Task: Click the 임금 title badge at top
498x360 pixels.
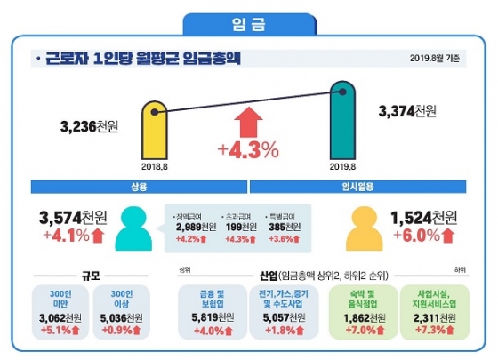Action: [x=249, y=19]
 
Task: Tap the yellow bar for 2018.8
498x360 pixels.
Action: [x=156, y=132]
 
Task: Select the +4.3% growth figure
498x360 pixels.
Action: [x=249, y=149]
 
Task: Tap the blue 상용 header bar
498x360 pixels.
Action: [x=138, y=188]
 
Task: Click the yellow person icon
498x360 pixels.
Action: [x=359, y=228]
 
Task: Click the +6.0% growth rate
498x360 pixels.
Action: [x=418, y=236]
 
